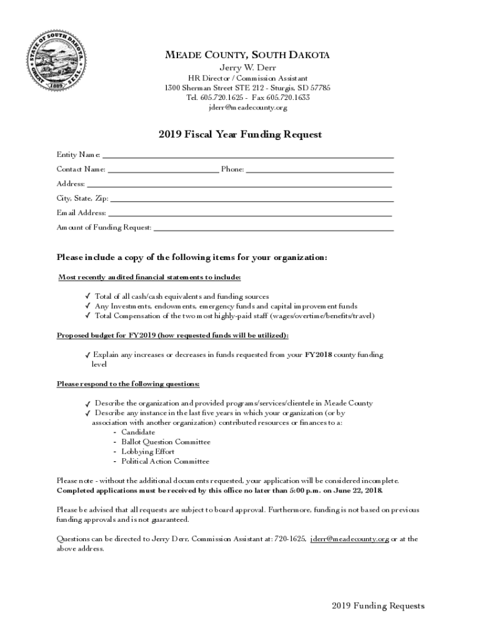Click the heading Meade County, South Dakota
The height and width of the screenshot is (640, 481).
[247, 56]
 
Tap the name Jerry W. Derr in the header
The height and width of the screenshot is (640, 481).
[247, 67]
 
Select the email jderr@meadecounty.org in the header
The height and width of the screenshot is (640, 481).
[247, 107]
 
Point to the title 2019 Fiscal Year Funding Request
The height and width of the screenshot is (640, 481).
[240, 134]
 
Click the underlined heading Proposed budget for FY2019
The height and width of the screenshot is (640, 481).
[172, 336]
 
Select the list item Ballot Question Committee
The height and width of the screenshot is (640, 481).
[166, 442]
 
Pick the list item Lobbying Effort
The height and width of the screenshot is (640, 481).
[147, 452]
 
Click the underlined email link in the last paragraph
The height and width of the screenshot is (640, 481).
[349, 539]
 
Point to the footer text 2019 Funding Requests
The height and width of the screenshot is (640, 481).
[378, 606]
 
